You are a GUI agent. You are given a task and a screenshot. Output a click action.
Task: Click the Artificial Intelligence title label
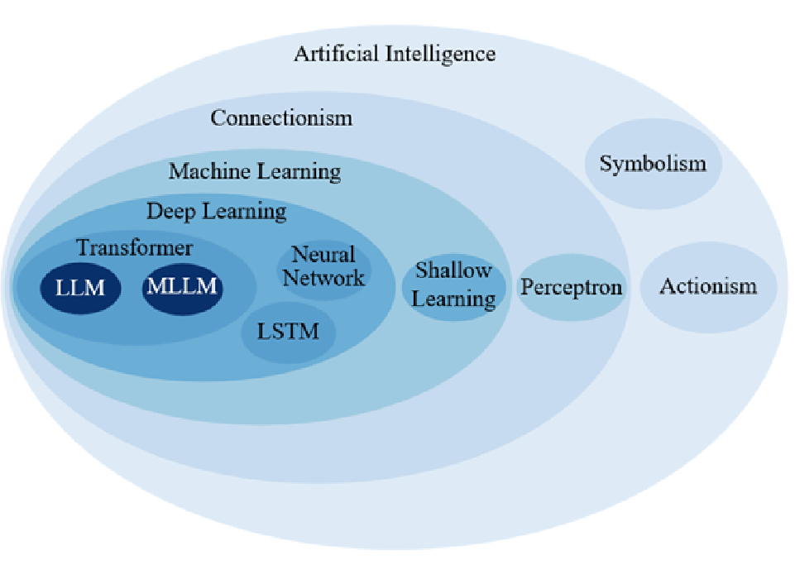tap(395, 55)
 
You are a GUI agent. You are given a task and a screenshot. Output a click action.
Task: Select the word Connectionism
tap(281, 118)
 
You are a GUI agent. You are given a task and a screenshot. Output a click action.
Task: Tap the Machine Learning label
tap(255, 172)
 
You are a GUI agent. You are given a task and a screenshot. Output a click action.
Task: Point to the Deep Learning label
tap(217, 212)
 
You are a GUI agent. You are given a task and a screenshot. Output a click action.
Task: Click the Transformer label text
tap(134, 247)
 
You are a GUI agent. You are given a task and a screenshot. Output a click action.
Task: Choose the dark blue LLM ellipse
tap(80, 288)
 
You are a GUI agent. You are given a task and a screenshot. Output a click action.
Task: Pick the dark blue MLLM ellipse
tap(183, 287)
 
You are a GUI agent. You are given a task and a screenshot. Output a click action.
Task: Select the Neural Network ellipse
tap(323, 266)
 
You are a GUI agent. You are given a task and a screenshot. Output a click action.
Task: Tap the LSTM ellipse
tap(287, 333)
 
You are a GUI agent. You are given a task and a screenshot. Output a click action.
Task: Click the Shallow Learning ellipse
tap(453, 284)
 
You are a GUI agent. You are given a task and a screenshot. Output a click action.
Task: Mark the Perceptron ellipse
tap(571, 288)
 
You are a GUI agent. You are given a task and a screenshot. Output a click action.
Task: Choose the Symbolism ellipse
tap(653, 163)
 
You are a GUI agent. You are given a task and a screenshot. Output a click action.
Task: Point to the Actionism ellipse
tap(708, 287)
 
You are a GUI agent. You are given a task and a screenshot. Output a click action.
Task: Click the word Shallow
tap(453, 270)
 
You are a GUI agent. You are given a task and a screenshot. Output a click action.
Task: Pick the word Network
tap(323, 278)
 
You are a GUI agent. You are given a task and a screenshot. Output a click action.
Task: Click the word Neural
tap(323, 255)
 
